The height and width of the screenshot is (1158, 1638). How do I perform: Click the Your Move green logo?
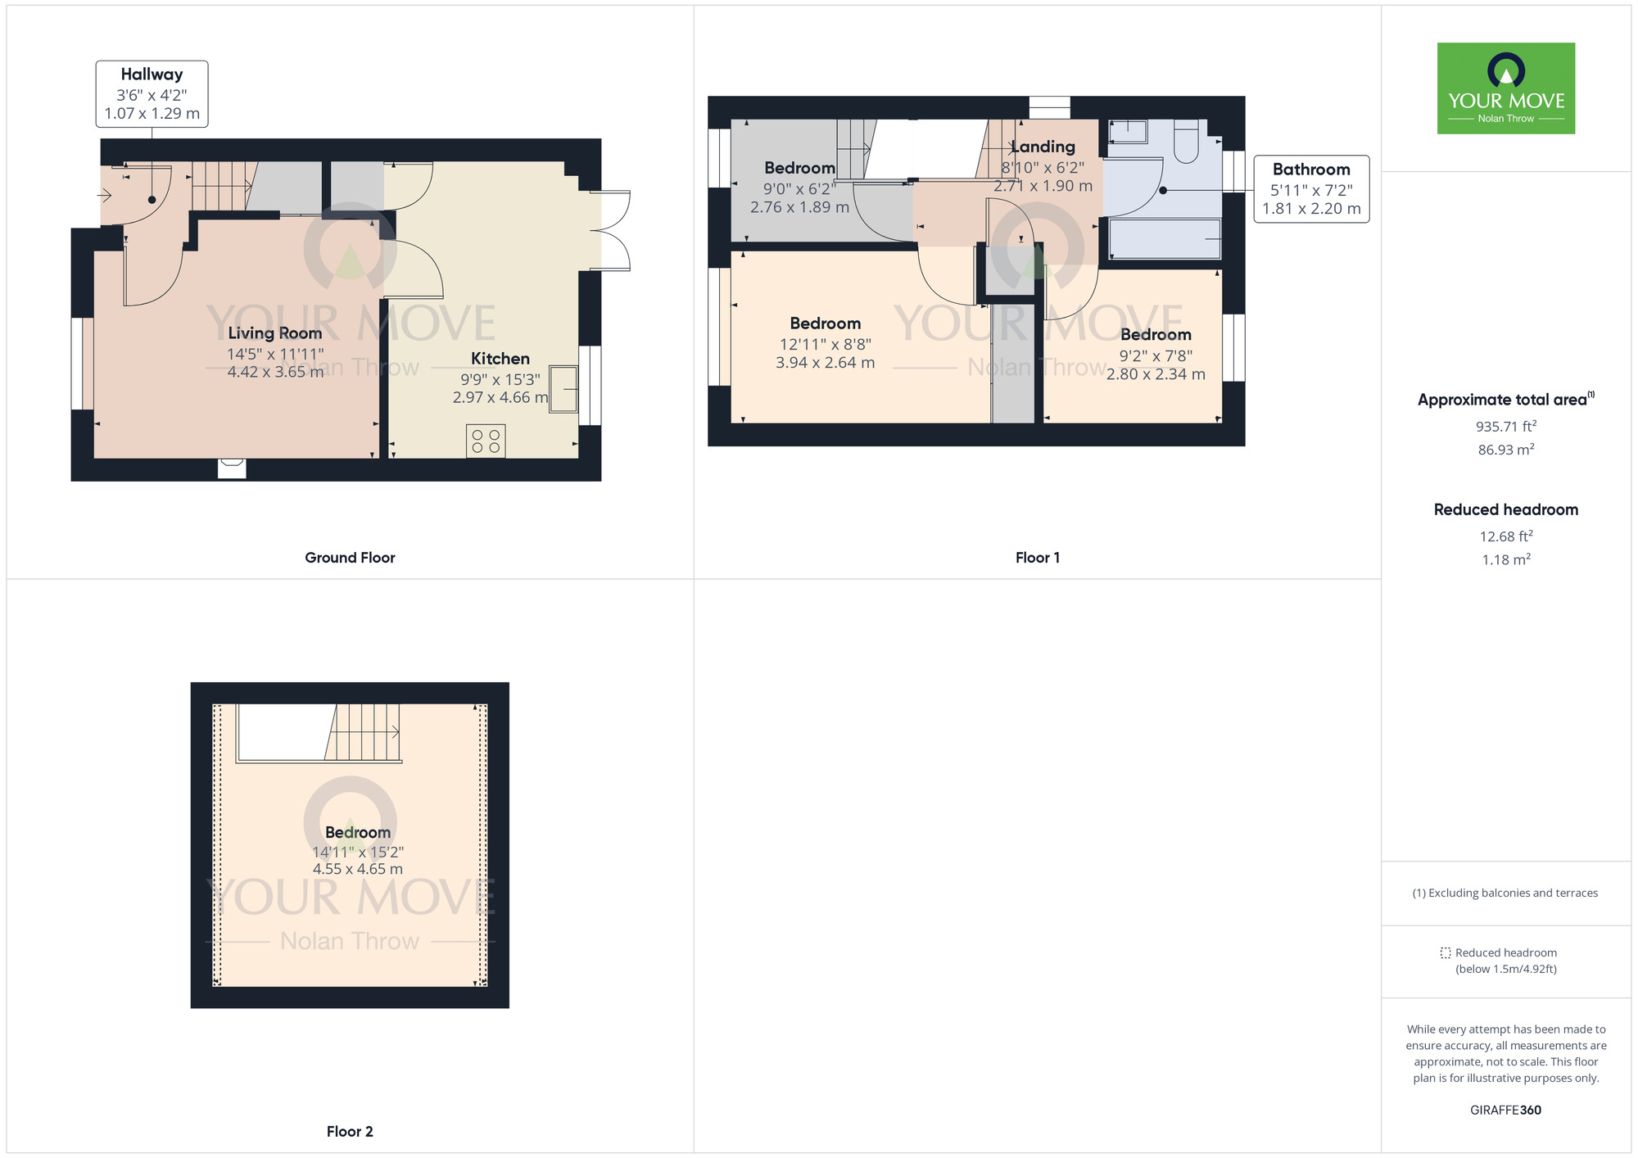point(1505,88)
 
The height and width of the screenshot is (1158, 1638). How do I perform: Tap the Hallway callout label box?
point(152,93)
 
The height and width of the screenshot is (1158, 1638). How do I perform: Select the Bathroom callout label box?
point(1311,189)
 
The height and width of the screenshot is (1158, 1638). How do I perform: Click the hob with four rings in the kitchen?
point(486,441)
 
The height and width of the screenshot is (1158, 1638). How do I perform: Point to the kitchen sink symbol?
point(563,389)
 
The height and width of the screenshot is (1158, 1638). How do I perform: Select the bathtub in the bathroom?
point(1164,238)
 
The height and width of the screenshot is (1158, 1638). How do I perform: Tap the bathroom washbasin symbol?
point(1129,131)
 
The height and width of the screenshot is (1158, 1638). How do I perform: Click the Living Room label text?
point(274,333)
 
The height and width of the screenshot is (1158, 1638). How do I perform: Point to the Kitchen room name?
point(500,359)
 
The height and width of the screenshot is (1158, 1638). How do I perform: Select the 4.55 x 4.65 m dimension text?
point(357,869)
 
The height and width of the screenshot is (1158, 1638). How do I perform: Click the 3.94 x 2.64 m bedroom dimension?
point(825,362)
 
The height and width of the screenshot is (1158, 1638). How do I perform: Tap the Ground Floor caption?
point(350,558)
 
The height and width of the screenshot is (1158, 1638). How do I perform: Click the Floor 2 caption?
point(350,1132)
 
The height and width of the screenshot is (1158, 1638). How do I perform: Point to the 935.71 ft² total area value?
point(1505,427)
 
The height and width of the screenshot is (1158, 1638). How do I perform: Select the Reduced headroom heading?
point(1505,509)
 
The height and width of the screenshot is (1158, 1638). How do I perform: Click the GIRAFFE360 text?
point(1505,1111)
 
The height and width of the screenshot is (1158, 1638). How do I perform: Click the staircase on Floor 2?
point(364,732)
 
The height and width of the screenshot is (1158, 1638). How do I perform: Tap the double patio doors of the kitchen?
point(613,231)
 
